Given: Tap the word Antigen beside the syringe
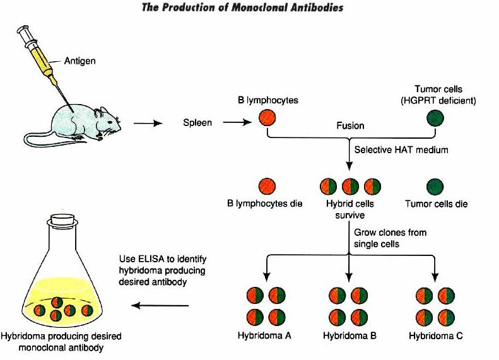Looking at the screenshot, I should pyautogui.click(x=79, y=61).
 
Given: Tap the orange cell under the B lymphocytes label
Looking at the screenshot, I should pyautogui.click(x=267, y=118).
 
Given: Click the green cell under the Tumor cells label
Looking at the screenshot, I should pyautogui.click(x=435, y=118).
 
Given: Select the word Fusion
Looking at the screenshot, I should pyautogui.click(x=350, y=125).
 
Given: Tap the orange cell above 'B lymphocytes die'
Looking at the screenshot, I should pyautogui.click(x=267, y=187).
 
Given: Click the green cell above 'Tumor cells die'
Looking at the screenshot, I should pyautogui.click(x=435, y=187).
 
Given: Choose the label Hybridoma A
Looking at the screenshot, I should pyautogui.click(x=264, y=335).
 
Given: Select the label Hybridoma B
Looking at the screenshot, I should pyautogui.click(x=349, y=335).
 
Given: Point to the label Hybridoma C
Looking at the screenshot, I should pyautogui.click(x=436, y=335).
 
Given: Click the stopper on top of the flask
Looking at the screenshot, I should pyautogui.click(x=61, y=220).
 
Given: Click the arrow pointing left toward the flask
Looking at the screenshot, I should pyautogui.click(x=161, y=306).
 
